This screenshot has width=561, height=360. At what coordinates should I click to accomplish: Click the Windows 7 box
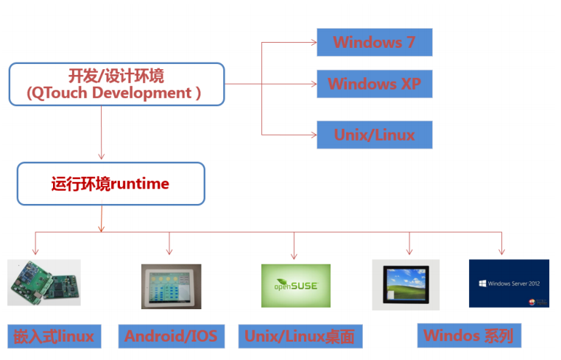[374, 42]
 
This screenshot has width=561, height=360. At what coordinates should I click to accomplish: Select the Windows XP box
[374, 84]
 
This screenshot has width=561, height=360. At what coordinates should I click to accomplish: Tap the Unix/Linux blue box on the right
[374, 135]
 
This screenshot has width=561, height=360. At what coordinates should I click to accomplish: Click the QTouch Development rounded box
[116, 84]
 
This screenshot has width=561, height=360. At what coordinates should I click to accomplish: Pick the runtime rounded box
[110, 184]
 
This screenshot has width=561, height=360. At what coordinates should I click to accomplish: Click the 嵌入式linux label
[54, 336]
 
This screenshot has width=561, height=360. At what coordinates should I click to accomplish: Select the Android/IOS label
[171, 336]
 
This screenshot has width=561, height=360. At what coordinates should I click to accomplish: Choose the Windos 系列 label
[468, 336]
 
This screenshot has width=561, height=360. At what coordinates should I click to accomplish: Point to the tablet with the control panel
[171, 286]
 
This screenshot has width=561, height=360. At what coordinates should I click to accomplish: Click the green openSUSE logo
[295, 286]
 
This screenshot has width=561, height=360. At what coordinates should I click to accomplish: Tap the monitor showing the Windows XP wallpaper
[406, 283]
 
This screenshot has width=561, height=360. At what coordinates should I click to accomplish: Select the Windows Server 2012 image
[509, 283]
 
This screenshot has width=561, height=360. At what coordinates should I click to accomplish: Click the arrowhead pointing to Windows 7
[313, 43]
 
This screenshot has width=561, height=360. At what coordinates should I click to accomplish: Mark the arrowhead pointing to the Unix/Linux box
[313, 135]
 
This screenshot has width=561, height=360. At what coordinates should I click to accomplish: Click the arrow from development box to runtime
[101, 133]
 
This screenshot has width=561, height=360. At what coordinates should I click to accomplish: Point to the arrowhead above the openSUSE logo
[294, 255]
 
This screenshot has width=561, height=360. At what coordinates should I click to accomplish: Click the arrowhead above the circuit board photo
[35, 251]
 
